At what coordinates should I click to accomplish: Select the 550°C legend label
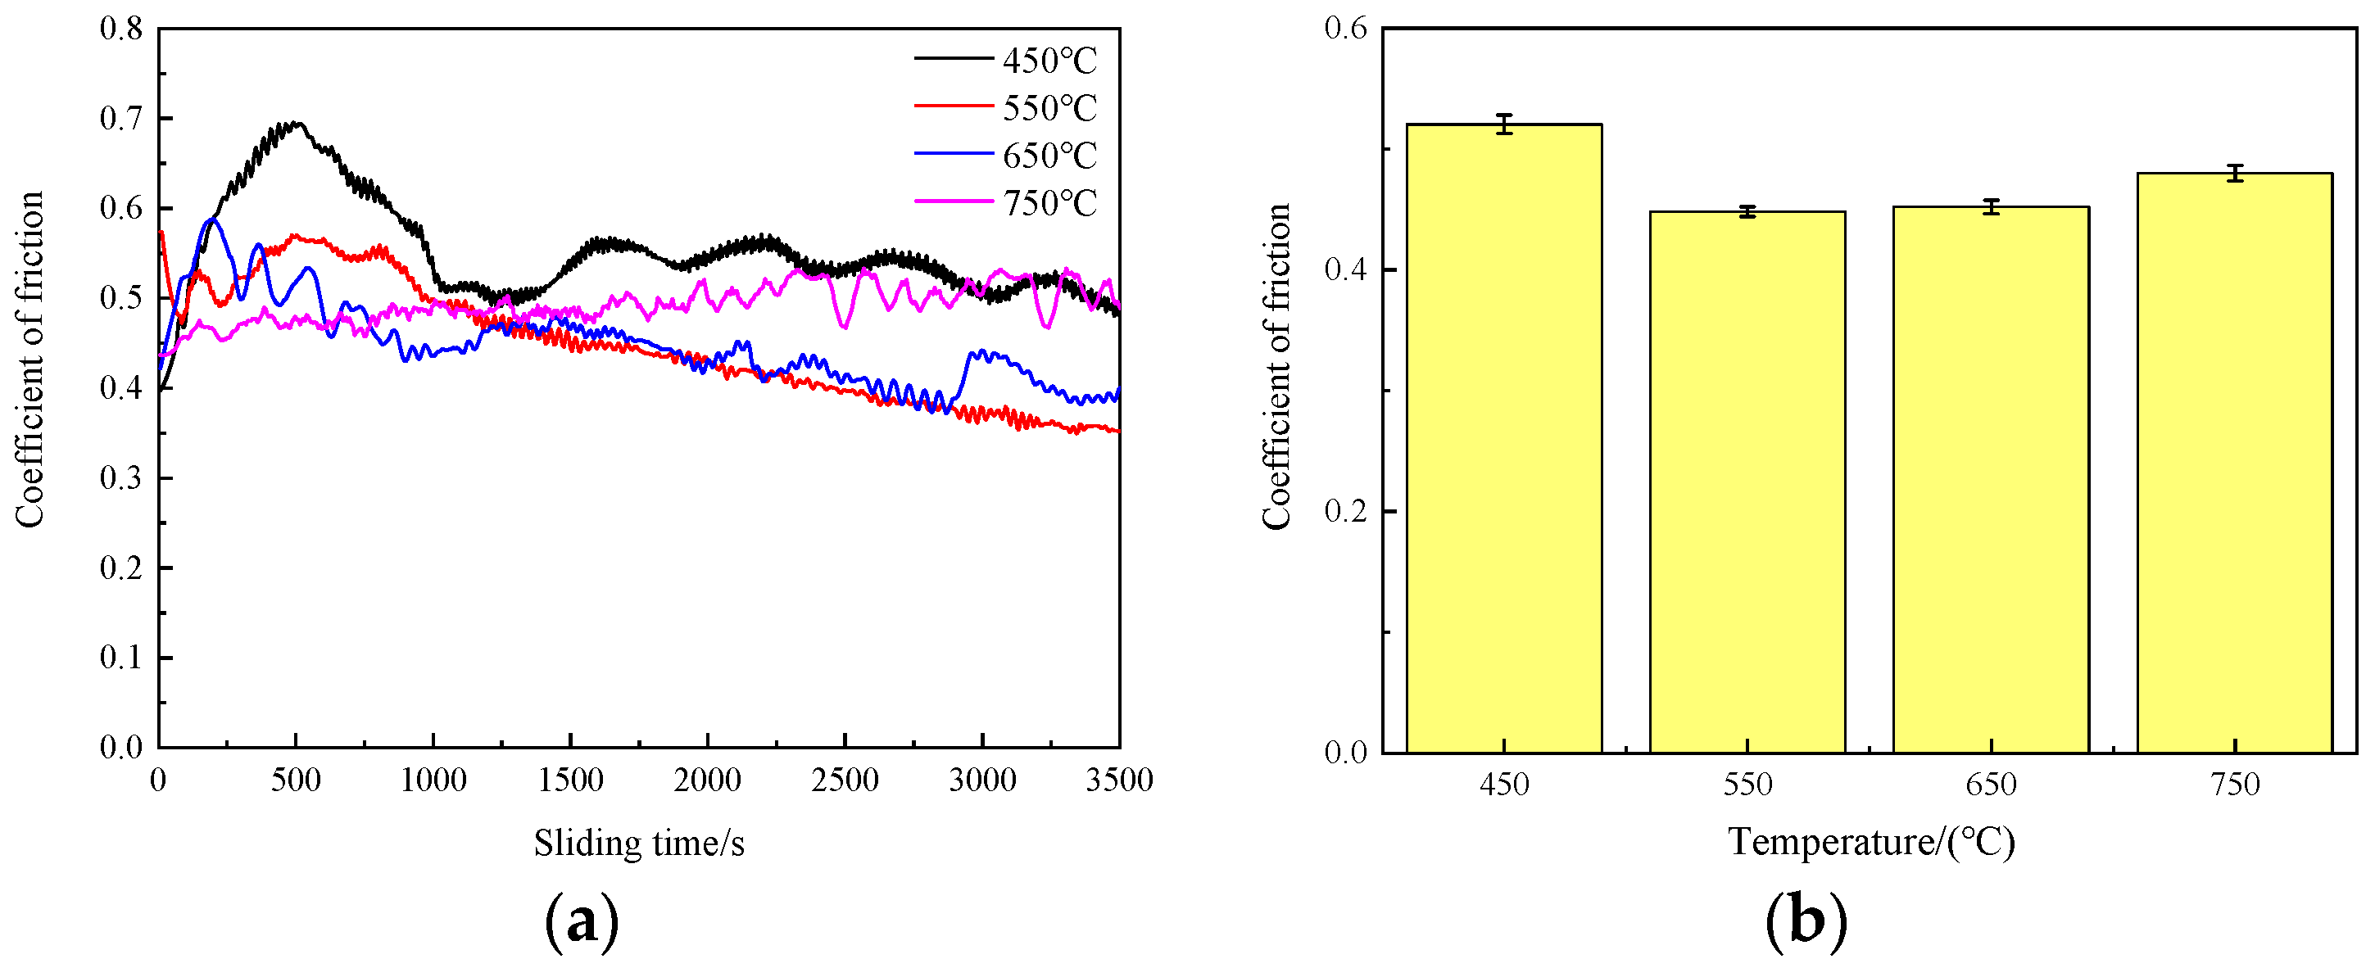(1049, 109)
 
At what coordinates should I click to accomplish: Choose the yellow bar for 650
(1991, 479)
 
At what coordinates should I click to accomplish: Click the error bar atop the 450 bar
(1504, 124)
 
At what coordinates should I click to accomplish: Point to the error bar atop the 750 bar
(2234, 174)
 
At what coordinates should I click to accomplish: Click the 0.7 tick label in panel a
(122, 118)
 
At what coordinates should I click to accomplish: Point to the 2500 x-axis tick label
(844, 780)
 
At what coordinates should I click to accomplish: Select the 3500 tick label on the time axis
(1118, 780)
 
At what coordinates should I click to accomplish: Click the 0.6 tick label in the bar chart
(1345, 28)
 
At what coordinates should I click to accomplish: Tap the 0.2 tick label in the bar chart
(1345, 511)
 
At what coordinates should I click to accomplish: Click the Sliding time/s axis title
(639, 843)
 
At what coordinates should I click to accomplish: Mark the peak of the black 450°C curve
(295, 123)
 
